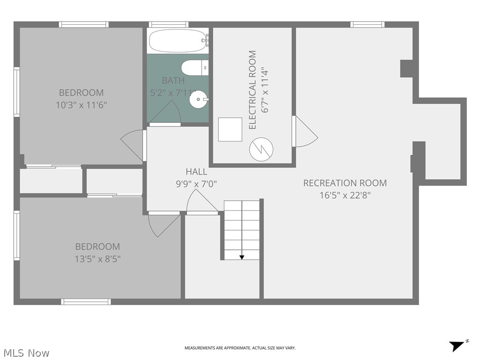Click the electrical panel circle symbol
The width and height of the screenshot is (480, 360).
(261, 149)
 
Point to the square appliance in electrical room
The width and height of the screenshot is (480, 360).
(230, 129)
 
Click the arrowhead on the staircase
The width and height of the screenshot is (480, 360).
(242, 256)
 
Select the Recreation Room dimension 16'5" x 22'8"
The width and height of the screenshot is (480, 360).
(345, 195)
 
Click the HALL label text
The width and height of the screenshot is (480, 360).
(196, 172)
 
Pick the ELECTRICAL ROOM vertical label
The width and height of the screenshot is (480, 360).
(253, 90)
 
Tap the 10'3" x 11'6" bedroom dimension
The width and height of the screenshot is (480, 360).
(82, 105)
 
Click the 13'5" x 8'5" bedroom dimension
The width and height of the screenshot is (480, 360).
(98, 258)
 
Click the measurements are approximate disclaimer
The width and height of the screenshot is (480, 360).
(240, 348)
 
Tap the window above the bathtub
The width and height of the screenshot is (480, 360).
(169, 24)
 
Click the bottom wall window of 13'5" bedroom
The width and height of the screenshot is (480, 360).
(86, 302)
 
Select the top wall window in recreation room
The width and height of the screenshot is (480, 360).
(367, 24)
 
